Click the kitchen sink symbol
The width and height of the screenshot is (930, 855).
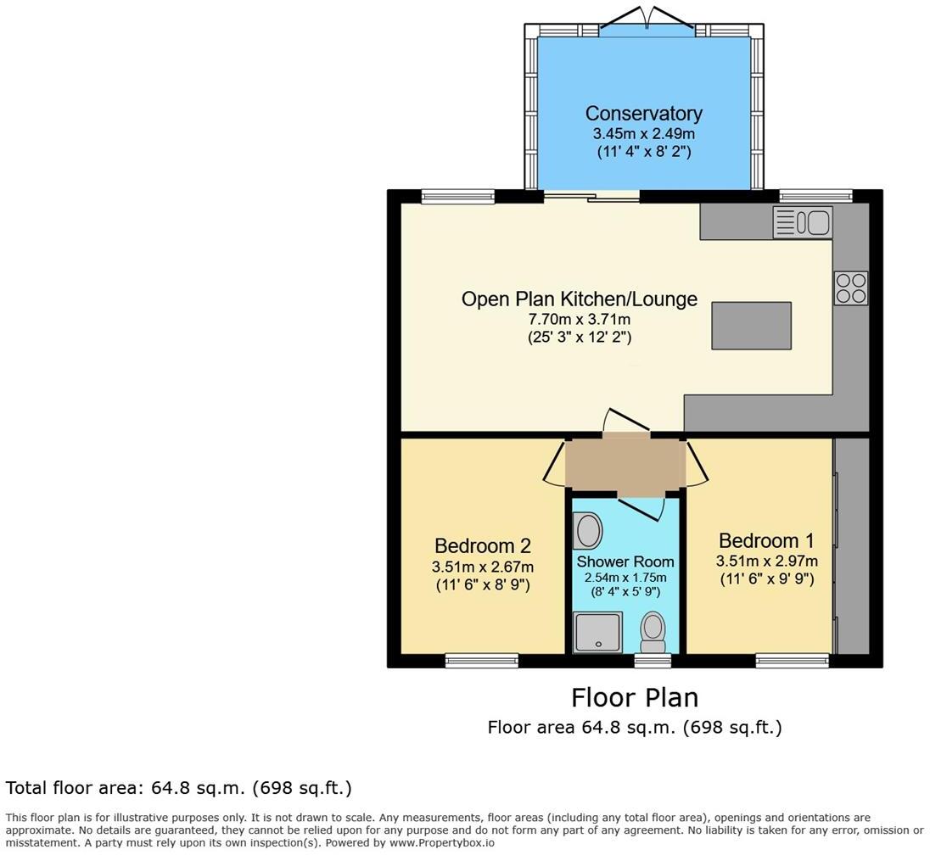pyautogui.click(x=802, y=222)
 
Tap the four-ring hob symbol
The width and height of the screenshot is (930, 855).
pyautogui.click(x=850, y=288)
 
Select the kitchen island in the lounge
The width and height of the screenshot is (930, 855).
pyautogui.click(x=751, y=325)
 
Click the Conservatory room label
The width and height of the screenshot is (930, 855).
pyautogui.click(x=643, y=114)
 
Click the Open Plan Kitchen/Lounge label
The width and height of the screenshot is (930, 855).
pyautogui.click(x=579, y=299)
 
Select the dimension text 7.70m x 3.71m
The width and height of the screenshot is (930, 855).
pyautogui.click(x=579, y=319)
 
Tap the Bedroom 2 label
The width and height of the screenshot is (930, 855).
pyautogui.click(x=482, y=545)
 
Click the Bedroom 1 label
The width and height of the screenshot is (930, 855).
pyautogui.click(x=765, y=540)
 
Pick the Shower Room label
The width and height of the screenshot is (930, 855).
pyautogui.click(x=625, y=562)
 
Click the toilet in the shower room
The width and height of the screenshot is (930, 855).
pyautogui.click(x=653, y=629)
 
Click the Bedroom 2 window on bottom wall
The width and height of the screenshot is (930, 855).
pyautogui.click(x=482, y=660)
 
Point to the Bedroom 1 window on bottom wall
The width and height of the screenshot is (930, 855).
pyautogui.click(x=792, y=660)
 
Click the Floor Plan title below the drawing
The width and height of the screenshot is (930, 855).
pyautogui.click(x=634, y=697)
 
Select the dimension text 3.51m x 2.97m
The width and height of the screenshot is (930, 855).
pyautogui.click(x=766, y=561)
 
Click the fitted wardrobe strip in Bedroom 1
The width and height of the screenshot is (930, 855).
pyautogui.click(x=852, y=545)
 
